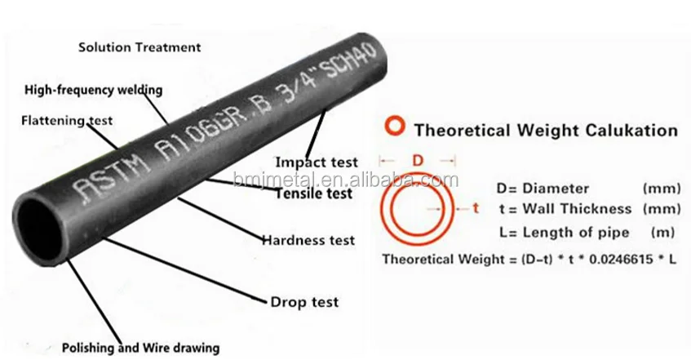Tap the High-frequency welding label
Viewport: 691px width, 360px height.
click(x=94, y=89)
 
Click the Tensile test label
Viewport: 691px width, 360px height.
click(x=313, y=194)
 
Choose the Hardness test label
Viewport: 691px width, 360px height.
click(x=308, y=240)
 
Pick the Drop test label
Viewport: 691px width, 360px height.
click(x=303, y=302)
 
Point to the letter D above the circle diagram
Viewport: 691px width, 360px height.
click(x=416, y=161)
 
